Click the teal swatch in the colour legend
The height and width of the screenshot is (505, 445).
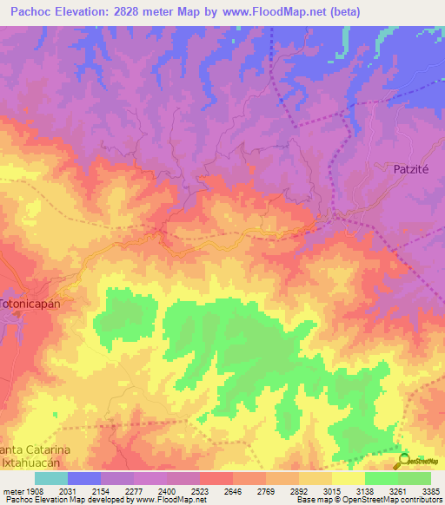50,478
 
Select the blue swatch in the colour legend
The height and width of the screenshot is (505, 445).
83,478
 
